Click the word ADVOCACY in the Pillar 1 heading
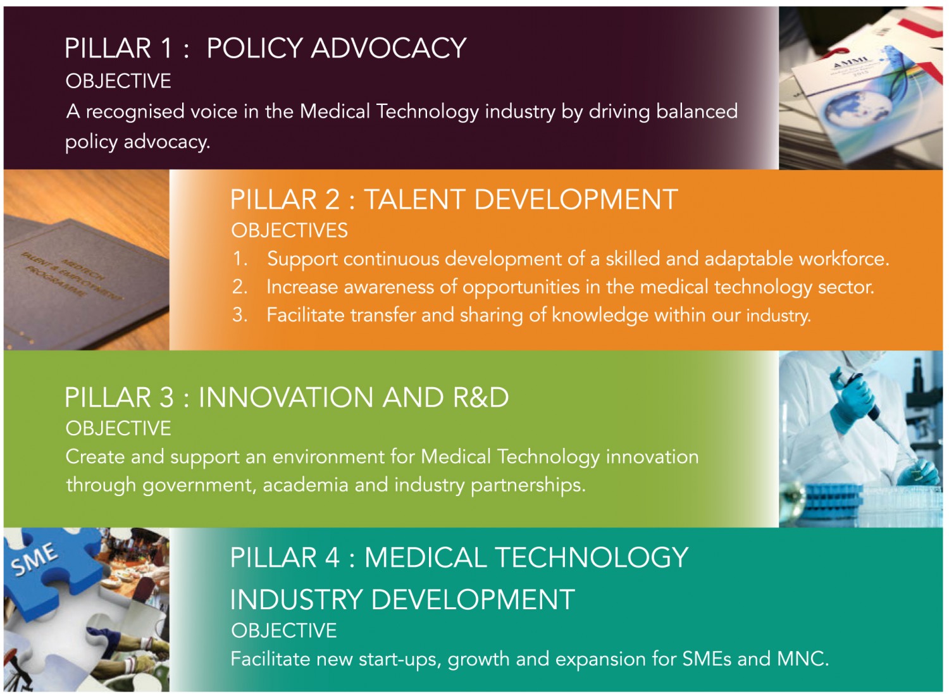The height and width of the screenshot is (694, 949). tap(388, 48)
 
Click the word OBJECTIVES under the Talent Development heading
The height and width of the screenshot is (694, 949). tap(289, 230)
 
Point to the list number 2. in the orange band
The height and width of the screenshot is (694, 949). tap(240, 287)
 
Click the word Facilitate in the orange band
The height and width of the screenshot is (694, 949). tap(306, 315)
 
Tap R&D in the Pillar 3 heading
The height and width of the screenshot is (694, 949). tap(481, 397)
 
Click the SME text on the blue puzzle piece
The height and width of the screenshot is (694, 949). tap(35, 560)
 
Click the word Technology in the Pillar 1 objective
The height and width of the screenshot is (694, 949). tap(428, 112)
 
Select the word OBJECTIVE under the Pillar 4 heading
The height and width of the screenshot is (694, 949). tap(284, 631)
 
